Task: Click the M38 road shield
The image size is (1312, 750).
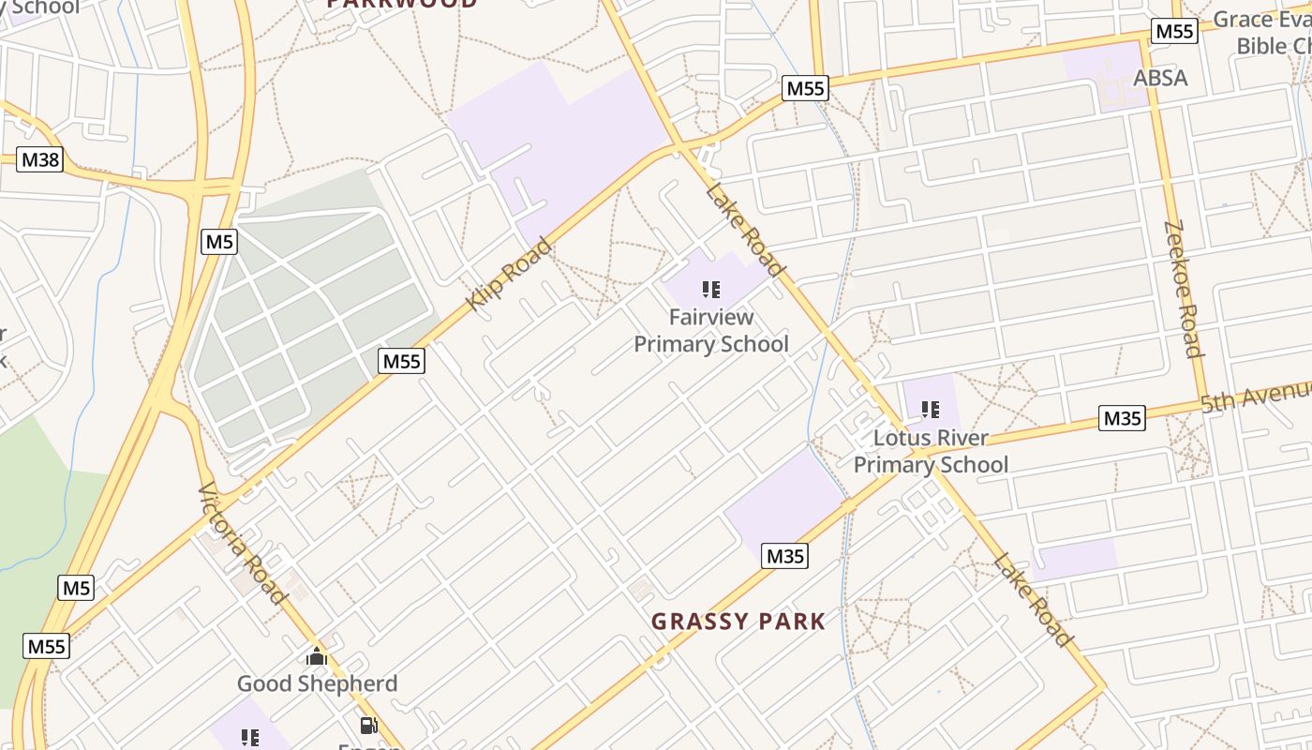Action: click(40, 159)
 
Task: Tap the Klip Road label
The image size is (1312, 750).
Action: click(509, 273)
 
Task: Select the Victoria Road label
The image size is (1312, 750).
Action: click(242, 543)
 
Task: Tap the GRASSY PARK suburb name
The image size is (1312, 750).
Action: click(738, 621)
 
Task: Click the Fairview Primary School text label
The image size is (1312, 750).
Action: click(711, 331)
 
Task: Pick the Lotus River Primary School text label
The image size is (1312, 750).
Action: click(931, 451)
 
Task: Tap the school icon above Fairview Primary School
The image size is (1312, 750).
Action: click(711, 289)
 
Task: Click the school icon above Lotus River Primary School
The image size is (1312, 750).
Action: click(931, 409)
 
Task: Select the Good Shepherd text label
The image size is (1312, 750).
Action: click(317, 683)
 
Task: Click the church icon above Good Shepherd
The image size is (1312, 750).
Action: click(317, 656)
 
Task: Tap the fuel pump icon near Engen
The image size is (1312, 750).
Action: click(368, 726)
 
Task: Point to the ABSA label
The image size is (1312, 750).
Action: click(1160, 78)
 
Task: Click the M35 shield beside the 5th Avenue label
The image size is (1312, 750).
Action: click(1123, 418)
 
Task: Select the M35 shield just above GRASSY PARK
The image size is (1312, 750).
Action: click(785, 556)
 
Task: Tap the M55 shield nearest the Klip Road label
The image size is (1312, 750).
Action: click(402, 361)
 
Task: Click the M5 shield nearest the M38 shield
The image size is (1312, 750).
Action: click(219, 242)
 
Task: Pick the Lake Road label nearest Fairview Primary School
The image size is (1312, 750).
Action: click(745, 232)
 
